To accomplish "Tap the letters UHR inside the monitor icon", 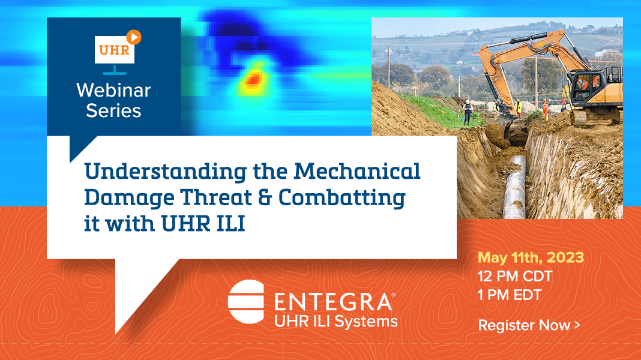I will pos(113,50).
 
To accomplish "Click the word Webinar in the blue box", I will pos(113,91).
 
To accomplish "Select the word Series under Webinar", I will pos(113,111).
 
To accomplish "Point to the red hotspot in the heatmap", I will pos(253,79).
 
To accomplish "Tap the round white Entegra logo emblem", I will pos(246,301).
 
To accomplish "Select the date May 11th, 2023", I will pos(531,258).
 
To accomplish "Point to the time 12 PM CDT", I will pos(515,277).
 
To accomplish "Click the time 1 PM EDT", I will pos(510,295).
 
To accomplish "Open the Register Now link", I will pos(529,325).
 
